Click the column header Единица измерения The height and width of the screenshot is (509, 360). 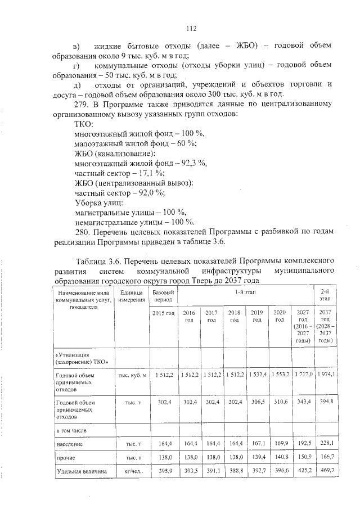click(x=132, y=296)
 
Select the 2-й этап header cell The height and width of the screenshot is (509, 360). click(x=325, y=296)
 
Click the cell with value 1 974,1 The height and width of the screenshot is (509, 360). click(x=325, y=374)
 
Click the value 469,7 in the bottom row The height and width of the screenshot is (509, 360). click(x=327, y=470)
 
